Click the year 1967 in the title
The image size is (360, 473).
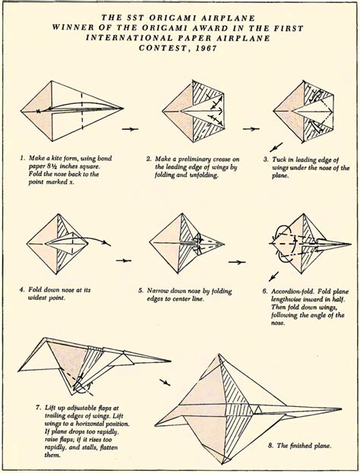coord(206,49)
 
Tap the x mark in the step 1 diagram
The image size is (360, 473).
coord(38,111)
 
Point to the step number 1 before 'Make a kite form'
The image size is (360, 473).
coord(22,158)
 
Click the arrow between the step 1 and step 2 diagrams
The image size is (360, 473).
coord(130,129)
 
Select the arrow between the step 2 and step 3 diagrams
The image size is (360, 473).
coord(251,129)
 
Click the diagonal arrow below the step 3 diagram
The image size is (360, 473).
coord(276,147)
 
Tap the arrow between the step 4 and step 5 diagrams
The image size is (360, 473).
coord(124,260)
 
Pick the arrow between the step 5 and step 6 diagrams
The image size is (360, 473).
coord(237,262)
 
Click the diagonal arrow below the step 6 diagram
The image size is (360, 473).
coord(273,276)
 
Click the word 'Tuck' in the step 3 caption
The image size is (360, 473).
coord(279,159)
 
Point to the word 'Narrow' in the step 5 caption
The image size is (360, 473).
coord(157,291)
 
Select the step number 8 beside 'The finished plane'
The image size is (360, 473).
coord(270,445)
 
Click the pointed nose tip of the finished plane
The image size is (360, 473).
coord(341,408)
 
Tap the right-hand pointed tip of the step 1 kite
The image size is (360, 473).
coord(124,108)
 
